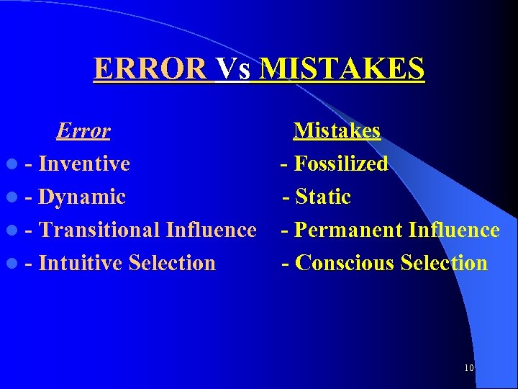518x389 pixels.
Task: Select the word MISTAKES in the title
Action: tap(342, 69)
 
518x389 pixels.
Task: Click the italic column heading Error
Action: tap(83, 131)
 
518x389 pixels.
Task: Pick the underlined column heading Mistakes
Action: tap(337, 131)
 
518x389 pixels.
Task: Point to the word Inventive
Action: tap(84, 164)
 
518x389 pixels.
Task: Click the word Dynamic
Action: tap(82, 197)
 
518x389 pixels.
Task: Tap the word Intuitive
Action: tap(80, 264)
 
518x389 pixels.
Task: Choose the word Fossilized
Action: tap(342, 164)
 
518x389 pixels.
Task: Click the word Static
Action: tap(323, 197)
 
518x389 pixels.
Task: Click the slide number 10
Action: tap(468, 368)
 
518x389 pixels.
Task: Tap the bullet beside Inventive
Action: tap(14, 165)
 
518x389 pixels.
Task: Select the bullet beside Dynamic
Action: tap(14, 198)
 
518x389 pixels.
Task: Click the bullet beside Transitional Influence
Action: tap(14, 231)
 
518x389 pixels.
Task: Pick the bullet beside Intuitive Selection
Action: tap(14, 264)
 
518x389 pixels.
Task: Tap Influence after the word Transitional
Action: tap(211, 231)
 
